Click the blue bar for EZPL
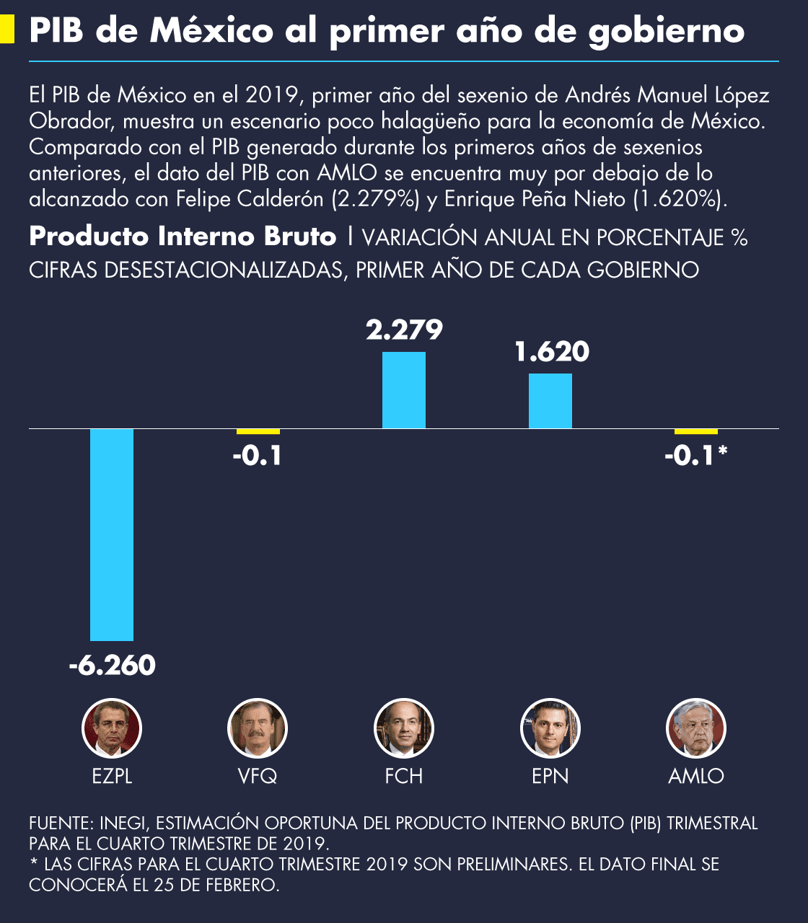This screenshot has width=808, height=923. [x=112, y=534]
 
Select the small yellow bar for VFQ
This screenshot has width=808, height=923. [x=258, y=431]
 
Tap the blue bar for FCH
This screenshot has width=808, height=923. [x=404, y=390]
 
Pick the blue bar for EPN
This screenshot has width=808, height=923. [x=550, y=401]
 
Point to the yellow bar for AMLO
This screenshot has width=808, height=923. [x=696, y=431]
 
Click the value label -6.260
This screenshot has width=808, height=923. [x=113, y=665]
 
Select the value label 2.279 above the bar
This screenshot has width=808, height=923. [x=404, y=330]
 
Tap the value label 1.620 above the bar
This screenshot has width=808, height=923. [x=552, y=352]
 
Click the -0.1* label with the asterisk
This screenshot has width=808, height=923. [x=695, y=456]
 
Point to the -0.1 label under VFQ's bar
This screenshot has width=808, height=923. [x=257, y=456]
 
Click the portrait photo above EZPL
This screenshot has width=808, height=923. [x=112, y=728]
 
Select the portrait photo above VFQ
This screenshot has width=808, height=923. [x=258, y=728]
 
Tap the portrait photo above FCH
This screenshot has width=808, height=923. [x=404, y=728]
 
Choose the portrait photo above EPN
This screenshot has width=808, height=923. [x=550, y=728]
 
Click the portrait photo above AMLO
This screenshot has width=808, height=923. [x=696, y=728]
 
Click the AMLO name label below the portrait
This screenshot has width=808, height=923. [x=696, y=776]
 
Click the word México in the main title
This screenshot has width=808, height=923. [x=212, y=30]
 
